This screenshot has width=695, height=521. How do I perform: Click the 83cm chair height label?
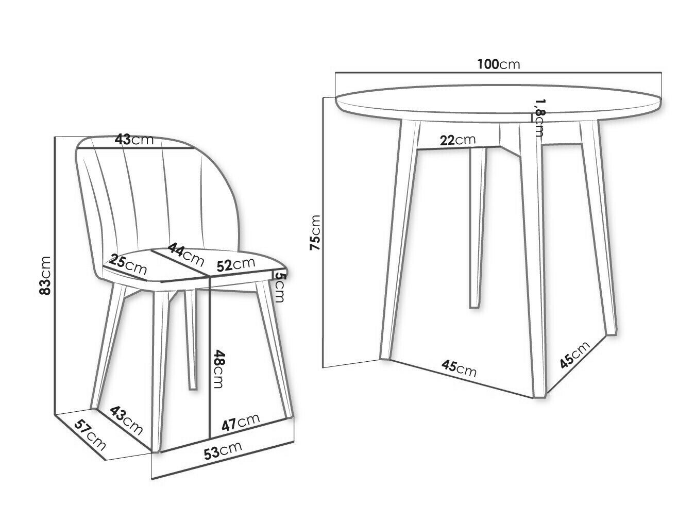45,275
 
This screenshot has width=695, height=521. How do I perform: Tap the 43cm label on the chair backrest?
134,139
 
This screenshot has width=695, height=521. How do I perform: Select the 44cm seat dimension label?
185,255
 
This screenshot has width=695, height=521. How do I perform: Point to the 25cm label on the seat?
128,265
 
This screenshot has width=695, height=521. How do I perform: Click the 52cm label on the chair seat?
236,265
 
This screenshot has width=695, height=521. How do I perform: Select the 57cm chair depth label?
90,435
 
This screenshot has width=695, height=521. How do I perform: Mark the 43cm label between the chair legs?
126,421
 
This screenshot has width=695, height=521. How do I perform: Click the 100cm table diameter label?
499,64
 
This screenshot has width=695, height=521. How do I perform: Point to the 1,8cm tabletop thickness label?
539,117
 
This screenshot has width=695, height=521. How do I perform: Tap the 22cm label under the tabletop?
458,140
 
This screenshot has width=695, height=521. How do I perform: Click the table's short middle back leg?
478,227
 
